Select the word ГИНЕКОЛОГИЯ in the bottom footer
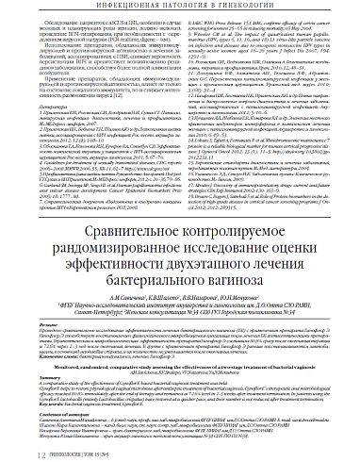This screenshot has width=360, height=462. [46, 452]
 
